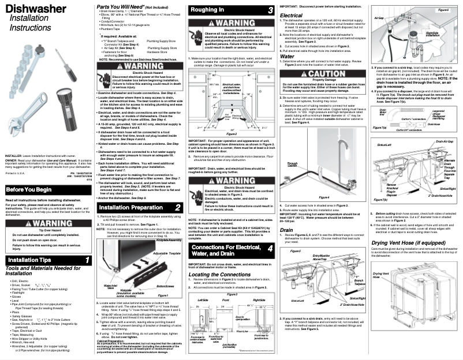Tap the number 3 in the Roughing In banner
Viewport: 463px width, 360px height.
point(270,10)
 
